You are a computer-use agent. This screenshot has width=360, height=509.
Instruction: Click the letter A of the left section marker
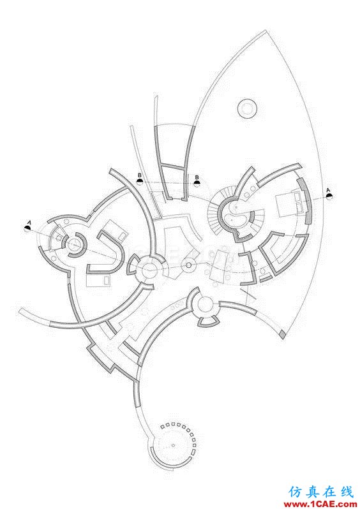tap(29, 223)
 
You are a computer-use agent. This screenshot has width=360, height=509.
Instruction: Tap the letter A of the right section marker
tap(328, 189)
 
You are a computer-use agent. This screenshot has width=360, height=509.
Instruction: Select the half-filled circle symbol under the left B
tap(140, 181)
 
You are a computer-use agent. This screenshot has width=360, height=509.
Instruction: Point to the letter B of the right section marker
tap(197, 177)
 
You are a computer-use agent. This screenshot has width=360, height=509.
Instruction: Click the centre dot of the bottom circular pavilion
tap(173, 445)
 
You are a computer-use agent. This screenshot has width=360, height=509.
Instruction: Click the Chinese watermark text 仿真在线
tap(320, 492)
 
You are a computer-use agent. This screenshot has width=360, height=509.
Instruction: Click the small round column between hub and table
tap(188, 266)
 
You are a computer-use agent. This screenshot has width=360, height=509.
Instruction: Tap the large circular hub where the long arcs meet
tap(150, 268)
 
